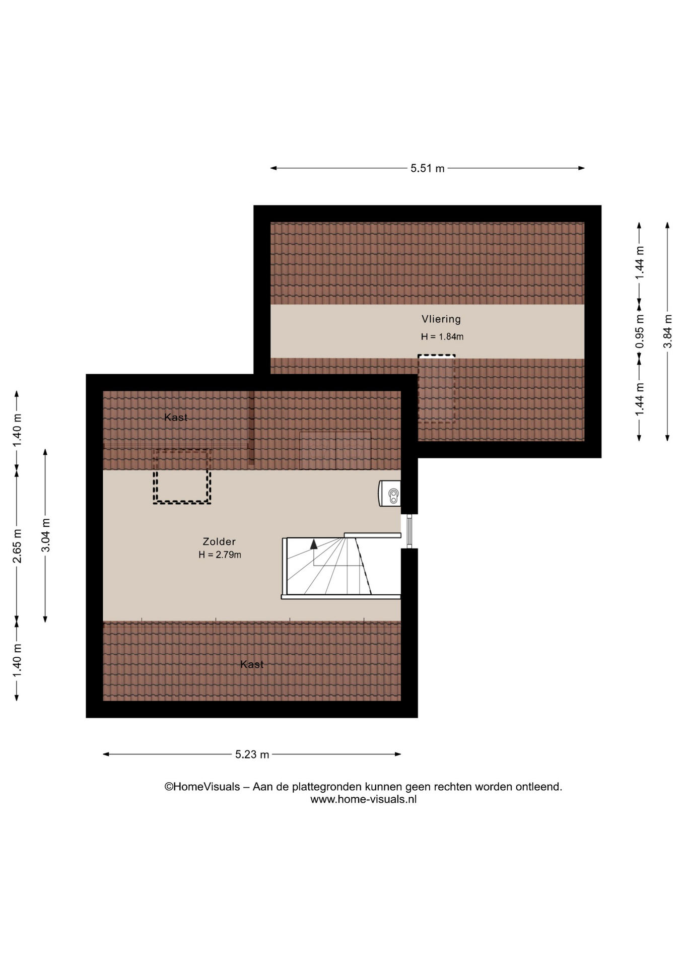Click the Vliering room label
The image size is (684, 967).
coord(441,319)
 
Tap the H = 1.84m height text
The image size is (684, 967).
coord(442,336)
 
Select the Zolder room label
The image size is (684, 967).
coord(219,541)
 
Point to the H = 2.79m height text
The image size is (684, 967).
coord(220,555)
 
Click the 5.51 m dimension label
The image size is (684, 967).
coord(428,168)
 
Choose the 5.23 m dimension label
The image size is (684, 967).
coord(252,754)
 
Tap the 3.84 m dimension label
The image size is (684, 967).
coord(667,331)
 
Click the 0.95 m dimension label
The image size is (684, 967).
coord(640,331)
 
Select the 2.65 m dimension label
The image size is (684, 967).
coord(17,546)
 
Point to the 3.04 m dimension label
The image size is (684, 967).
coord(45,535)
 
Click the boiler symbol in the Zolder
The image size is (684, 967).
coord(390,493)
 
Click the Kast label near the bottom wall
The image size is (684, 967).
coord(252,664)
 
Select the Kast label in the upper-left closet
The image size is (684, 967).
coord(176,417)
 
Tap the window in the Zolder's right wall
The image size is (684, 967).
coord(409,531)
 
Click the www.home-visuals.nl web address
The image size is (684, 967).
coord(363,799)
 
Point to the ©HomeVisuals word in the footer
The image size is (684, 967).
coord(202,787)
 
